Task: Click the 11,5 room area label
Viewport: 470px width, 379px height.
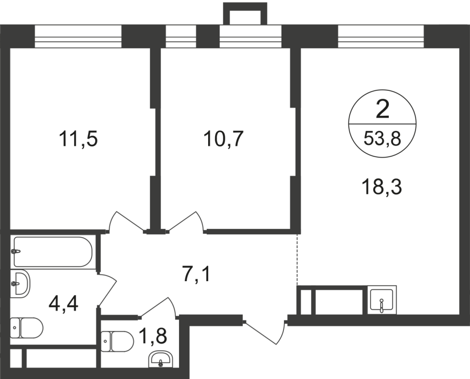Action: pos(78,139)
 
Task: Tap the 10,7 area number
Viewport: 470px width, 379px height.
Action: pos(223,139)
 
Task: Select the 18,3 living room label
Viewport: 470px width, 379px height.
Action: pos(383,188)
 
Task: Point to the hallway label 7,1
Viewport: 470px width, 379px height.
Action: pos(197,274)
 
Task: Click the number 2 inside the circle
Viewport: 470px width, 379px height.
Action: pos(383,110)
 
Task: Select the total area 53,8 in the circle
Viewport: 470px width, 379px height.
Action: pos(383,139)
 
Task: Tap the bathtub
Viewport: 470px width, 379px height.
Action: pos(52,251)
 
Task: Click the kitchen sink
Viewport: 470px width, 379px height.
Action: pos(382,300)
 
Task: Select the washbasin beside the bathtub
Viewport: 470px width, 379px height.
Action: pos(20,283)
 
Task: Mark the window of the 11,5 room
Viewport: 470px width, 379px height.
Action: pos(78,36)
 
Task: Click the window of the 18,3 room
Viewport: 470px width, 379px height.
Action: pos(381,36)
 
